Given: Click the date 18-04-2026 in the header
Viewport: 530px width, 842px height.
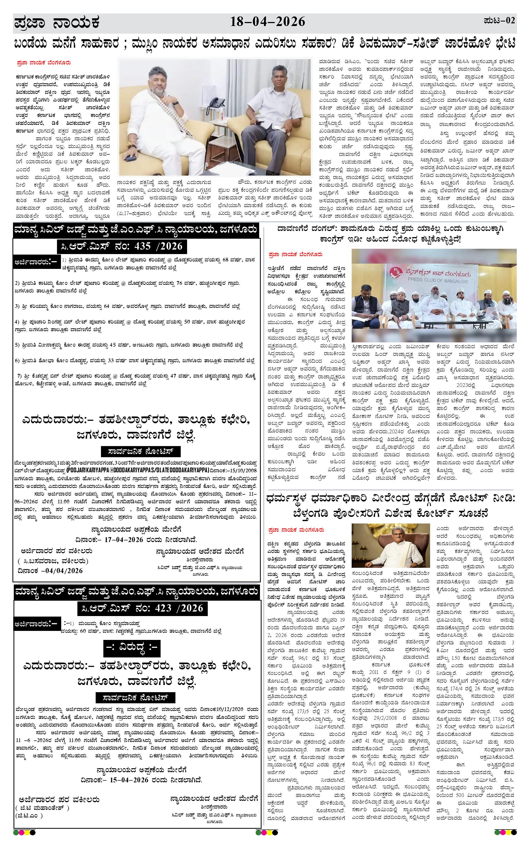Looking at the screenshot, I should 267,22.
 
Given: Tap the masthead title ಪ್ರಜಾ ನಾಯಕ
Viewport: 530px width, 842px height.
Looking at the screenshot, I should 57,23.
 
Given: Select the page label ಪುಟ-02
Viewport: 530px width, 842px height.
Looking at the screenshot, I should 499,21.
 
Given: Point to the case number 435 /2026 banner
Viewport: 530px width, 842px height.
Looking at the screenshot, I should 122,246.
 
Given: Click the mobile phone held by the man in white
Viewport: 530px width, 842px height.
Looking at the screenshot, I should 131,158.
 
